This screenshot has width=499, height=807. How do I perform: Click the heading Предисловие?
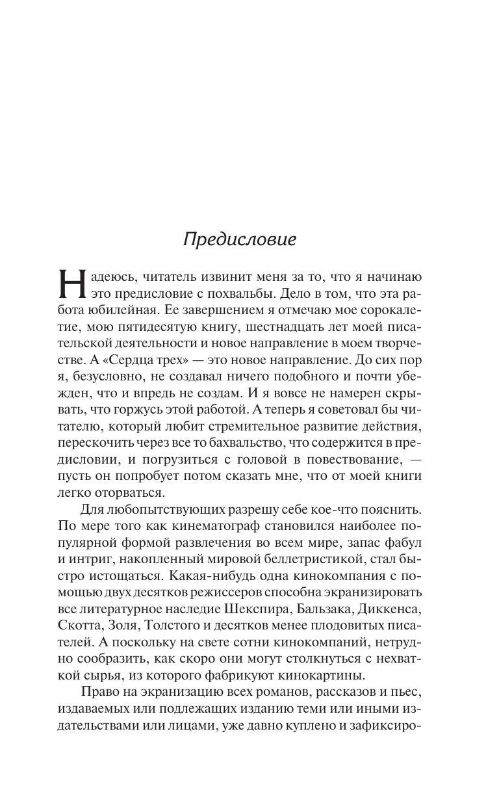(x=240, y=239)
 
